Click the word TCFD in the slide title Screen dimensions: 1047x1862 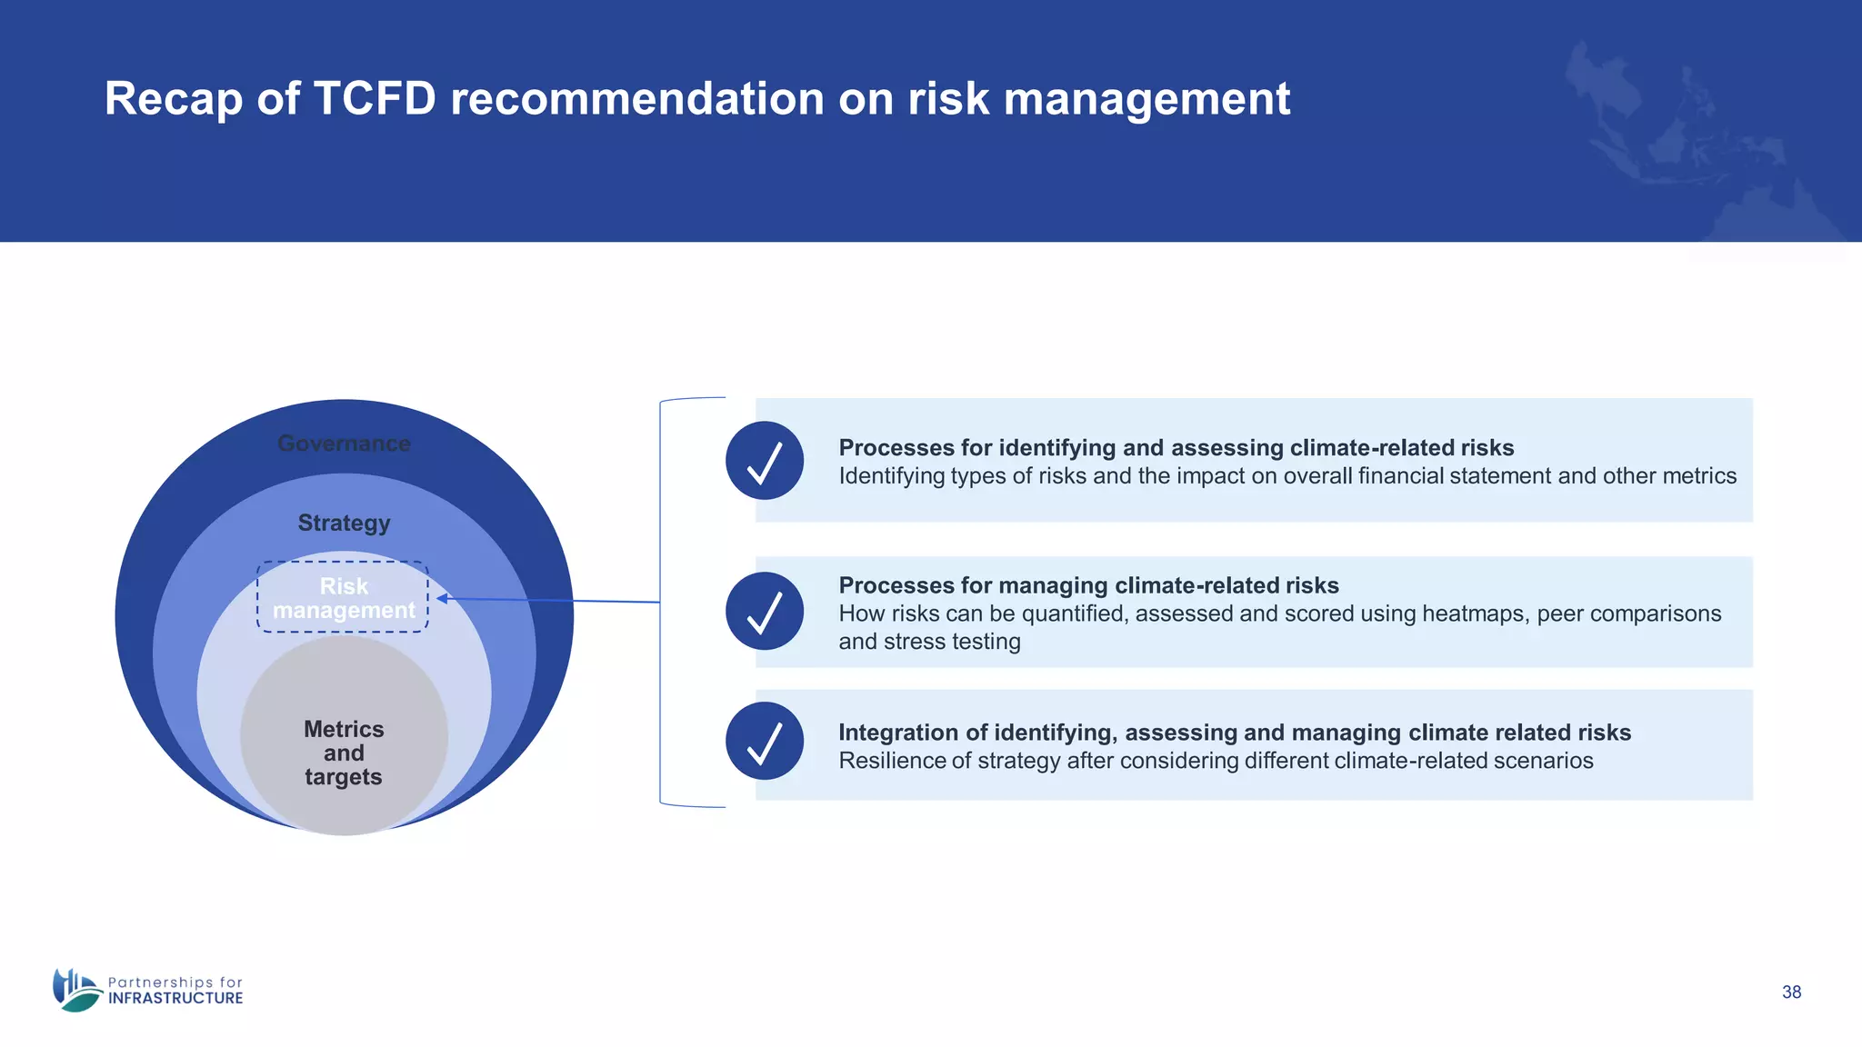375,98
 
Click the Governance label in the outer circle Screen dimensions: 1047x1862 344,444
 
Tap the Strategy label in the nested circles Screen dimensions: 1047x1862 344,523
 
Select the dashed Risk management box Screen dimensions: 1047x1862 343,597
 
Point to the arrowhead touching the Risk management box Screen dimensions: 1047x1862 442,598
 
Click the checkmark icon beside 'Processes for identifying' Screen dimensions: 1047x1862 765,461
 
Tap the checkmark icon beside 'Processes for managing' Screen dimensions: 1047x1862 765,611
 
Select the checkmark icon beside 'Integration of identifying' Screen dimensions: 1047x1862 765,741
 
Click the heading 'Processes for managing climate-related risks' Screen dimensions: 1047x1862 1088,585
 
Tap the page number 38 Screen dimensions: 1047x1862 1791,992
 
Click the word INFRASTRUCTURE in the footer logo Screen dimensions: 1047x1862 175,998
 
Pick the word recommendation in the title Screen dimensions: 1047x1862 637,98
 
